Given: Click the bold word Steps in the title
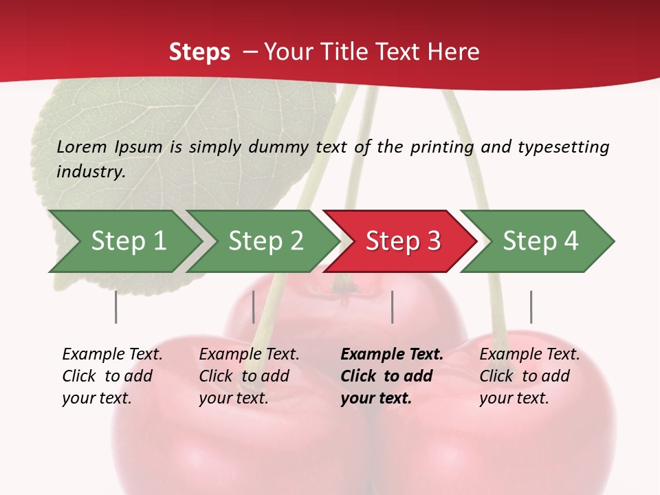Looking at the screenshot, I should point(199,52).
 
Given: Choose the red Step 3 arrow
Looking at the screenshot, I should point(402,241).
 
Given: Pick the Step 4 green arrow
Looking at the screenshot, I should point(540,241).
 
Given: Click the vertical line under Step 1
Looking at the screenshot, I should point(116,307).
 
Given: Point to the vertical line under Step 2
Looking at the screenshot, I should point(254,307).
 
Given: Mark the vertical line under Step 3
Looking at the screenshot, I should point(392,307).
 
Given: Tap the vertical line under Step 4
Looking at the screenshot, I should point(531,307).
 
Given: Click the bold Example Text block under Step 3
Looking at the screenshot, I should point(391,376).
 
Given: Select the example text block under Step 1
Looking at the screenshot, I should point(112,376).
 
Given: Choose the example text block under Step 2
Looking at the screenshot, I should point(249,376).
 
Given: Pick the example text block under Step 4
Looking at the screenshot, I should point(529,376).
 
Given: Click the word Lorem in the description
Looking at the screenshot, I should point(82,147).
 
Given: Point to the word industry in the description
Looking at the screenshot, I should point(90,172).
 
